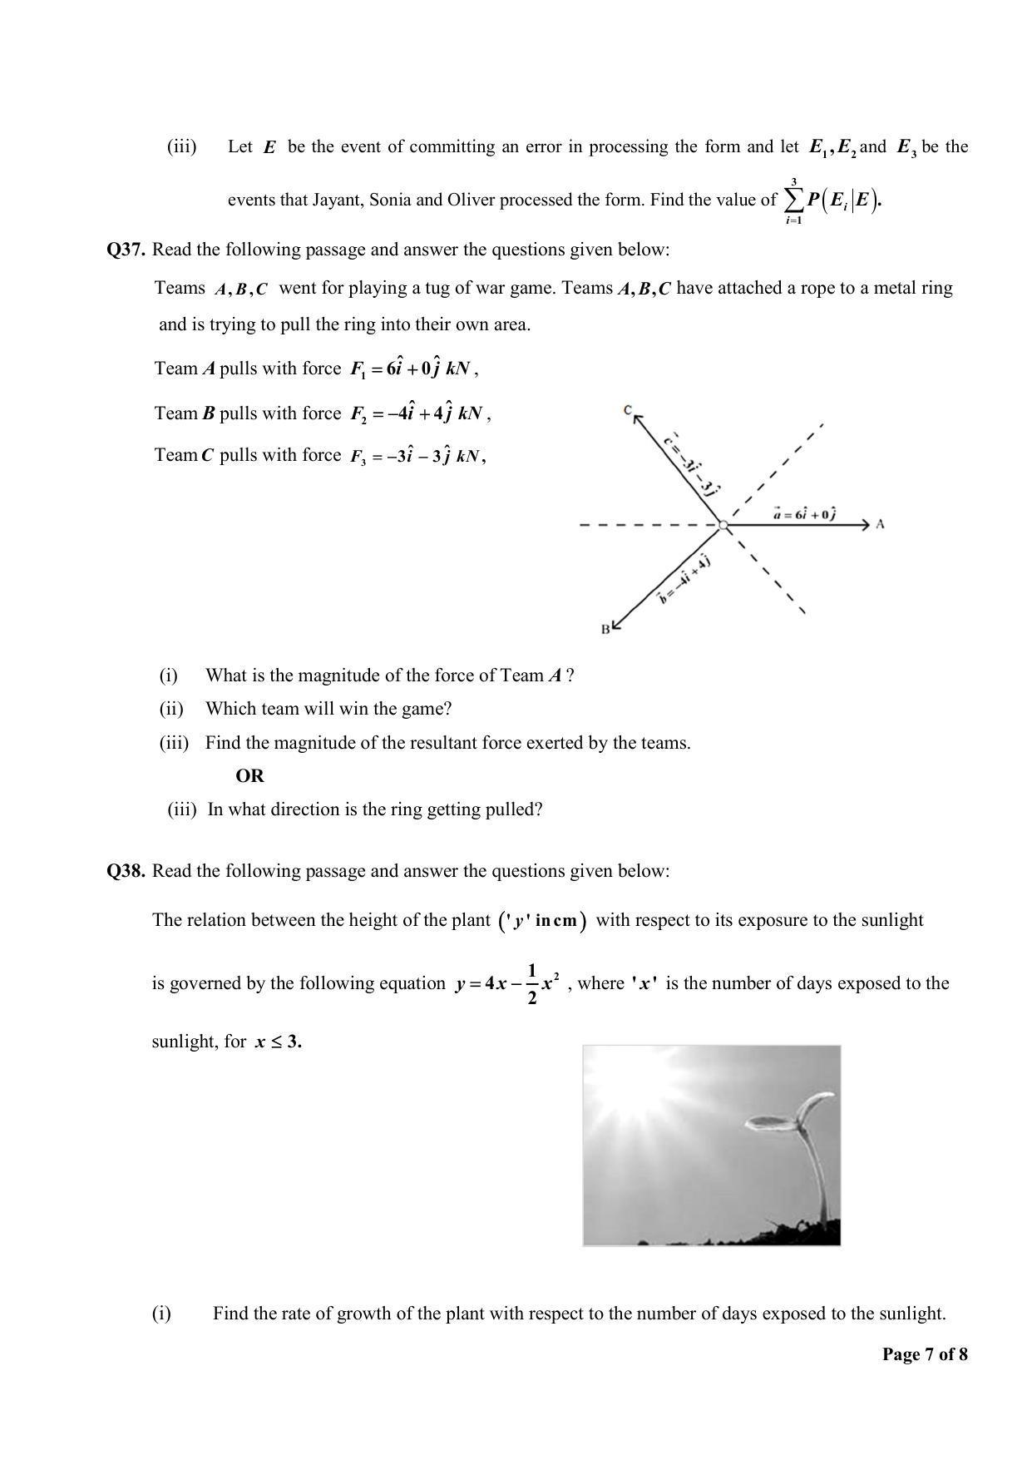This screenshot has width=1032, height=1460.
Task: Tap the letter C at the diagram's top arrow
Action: pos(628,409)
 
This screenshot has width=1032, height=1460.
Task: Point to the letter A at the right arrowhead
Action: pos(881,524)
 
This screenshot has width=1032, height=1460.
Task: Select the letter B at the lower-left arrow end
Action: pos(605,630)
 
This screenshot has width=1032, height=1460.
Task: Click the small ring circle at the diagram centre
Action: pos(723,525)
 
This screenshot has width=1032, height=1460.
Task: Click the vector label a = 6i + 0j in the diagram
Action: pos(804,514)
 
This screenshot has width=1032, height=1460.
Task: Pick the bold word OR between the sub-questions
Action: pos(249,776)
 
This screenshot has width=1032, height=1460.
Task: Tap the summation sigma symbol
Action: pos(793,200)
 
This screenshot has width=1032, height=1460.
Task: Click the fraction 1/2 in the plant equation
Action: pos(532,983)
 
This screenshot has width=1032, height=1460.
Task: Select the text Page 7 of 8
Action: pos(925,1354)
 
